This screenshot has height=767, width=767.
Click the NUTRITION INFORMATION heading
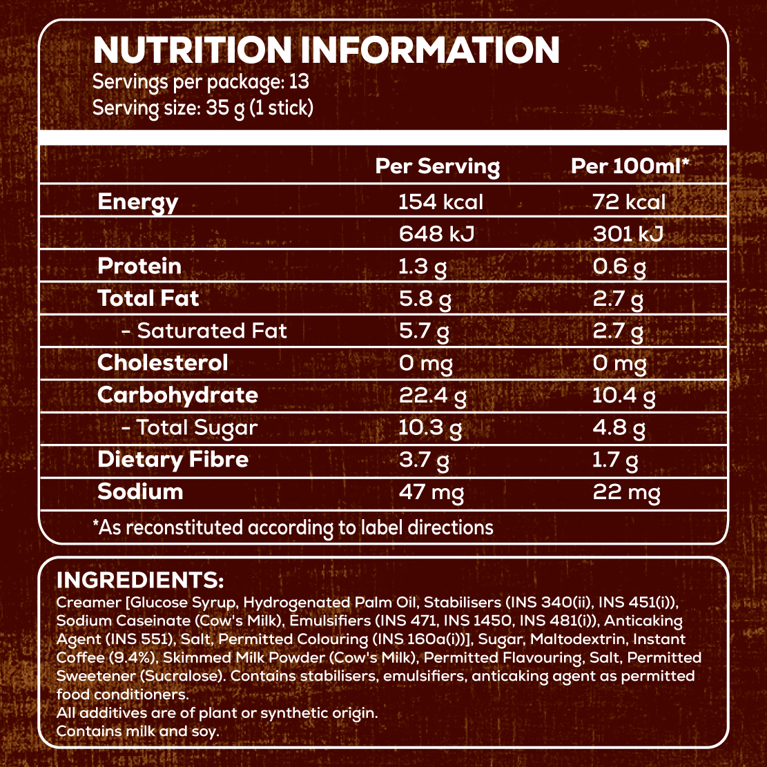pos(325,51)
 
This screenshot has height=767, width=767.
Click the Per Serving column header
pos(437,166)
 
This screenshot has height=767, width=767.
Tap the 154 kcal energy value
pos(440,202)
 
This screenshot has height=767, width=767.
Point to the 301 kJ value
pos(628,234)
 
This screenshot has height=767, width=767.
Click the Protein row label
pos(139,266)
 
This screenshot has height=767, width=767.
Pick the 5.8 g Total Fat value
pos(423,298)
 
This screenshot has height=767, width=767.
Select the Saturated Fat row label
pos(204,331)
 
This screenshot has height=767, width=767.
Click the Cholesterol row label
pos(162,362)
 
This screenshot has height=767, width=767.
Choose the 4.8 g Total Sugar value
pos(619,427)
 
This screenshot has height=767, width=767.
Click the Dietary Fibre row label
pos(173,459)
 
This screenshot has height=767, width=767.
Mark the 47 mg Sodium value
pos(431,492)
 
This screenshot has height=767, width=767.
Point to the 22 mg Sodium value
pos(626,492)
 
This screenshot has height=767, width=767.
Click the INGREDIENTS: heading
pos(140,579)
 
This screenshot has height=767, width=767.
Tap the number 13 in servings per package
pos(299,82)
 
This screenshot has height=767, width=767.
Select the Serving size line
pos(203,108)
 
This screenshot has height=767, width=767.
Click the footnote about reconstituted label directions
pos(293,528)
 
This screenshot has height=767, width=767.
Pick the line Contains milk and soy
pos(138,730)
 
